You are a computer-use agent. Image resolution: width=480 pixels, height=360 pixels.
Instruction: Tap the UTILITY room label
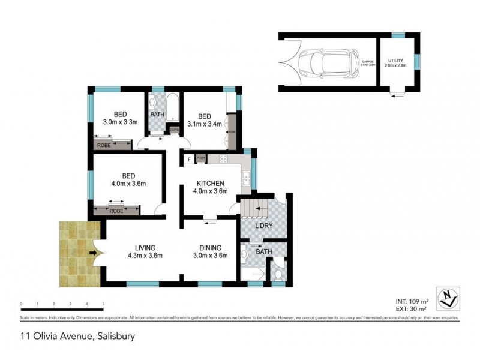(x=396, y=61)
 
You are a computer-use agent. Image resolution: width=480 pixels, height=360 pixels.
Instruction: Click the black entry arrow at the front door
(x=92, y=253)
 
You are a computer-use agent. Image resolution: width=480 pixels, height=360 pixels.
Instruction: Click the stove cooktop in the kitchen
(x=223, y=159)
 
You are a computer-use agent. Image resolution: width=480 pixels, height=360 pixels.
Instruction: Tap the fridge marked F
(x=189, y=159)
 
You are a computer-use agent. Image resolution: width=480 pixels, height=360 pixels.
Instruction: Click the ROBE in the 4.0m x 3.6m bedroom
(x=116, y=210)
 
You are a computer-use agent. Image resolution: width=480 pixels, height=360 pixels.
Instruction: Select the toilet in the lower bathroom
(x=278, y=275)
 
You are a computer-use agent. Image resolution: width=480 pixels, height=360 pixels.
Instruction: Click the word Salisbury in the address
(x=115, y=336)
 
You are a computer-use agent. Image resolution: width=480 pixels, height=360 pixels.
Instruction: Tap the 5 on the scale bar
(x=104, y=304)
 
